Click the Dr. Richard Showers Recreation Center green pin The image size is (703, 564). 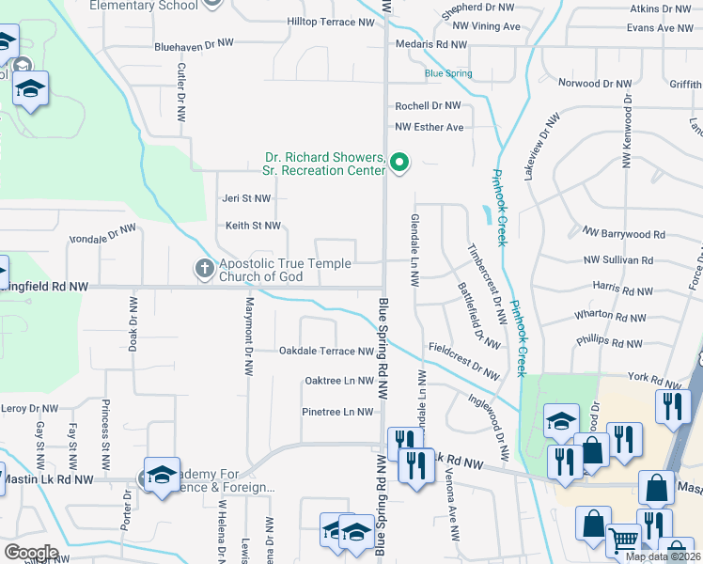399,164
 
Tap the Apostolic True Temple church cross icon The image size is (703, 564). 204,269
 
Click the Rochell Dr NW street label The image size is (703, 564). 428,106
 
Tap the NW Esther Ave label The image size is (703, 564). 430,127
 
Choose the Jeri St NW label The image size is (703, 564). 246,198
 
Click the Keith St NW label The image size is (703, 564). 253,226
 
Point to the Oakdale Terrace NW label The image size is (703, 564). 326,352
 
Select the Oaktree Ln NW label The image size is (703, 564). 339,381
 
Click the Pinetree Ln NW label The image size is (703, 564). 338,412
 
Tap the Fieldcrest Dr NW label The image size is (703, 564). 464,360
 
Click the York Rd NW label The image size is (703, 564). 630,378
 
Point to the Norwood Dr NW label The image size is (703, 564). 594,84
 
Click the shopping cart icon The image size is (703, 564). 624,541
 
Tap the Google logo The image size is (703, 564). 32,553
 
